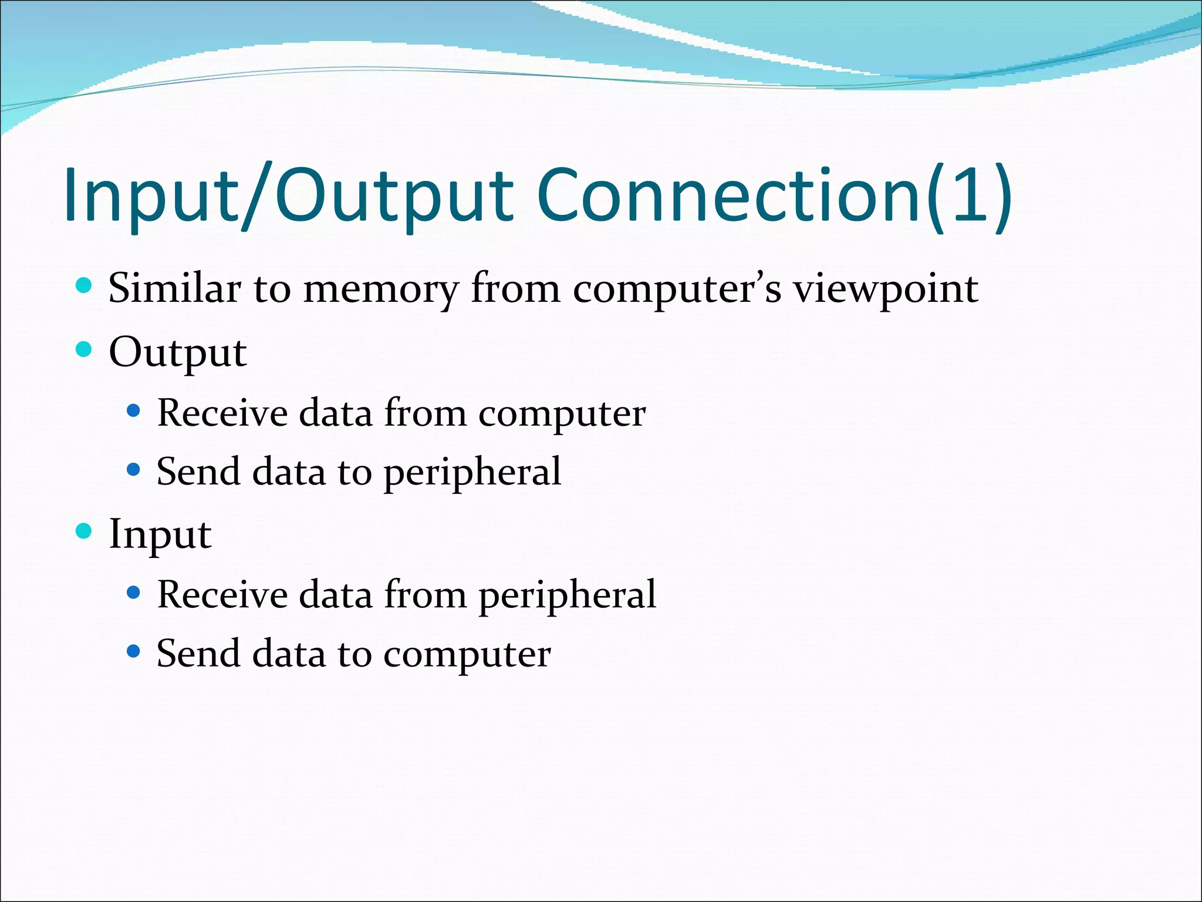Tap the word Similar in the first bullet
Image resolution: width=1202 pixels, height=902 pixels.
[174, 288]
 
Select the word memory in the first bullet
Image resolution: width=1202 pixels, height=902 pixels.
[380, 290]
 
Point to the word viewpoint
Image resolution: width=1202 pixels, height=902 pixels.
[886, 290]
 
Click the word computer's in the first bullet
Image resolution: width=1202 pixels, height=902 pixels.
[677, 290]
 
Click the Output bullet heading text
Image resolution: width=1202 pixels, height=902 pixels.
[177, 353]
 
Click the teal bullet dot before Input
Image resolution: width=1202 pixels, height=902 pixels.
[85, 531]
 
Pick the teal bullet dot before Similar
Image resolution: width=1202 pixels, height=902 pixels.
[85, 286]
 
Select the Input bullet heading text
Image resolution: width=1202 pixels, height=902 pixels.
[160, 534]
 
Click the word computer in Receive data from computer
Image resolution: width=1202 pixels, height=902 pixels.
[562, 413]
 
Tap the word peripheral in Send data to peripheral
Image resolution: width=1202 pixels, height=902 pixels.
[472, 472]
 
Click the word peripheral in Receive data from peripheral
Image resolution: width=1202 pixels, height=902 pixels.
[567, 595]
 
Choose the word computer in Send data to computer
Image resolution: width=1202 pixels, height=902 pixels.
[467, 654]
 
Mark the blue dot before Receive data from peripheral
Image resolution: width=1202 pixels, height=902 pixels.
[134, 593]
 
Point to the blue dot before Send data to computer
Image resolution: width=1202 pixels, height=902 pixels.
[134, 651]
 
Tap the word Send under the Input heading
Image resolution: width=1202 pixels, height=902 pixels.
[198, 653]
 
